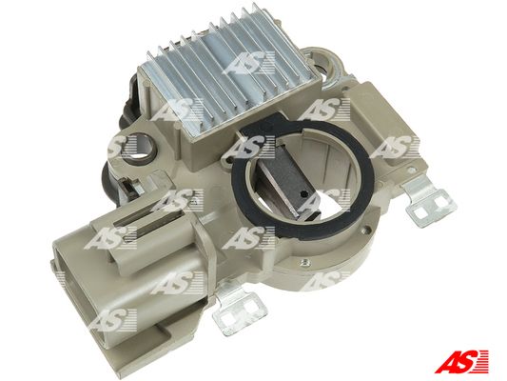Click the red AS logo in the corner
pos(461,361)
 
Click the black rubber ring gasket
pos(303,180)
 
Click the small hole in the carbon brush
pos(303,194)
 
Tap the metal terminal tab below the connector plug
pos(240,308)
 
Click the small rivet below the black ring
pos(304,262)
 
